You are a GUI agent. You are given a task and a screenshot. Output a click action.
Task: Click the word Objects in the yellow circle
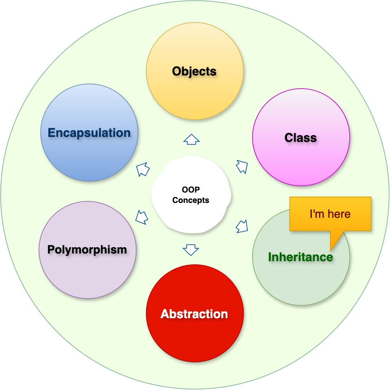point(194,71)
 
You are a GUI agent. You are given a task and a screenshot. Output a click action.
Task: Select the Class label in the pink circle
point(301,137)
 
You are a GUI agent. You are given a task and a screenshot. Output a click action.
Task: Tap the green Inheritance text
point(301,257)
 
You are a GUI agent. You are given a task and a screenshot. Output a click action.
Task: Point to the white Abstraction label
point(194,314)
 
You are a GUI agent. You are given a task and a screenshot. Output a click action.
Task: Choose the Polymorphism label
point(87,249)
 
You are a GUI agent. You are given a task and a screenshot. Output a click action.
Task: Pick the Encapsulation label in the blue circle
point(89,133)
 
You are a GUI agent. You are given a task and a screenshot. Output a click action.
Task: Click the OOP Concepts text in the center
point(191,195)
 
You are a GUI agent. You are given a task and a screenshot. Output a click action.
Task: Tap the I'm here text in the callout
point(330,214)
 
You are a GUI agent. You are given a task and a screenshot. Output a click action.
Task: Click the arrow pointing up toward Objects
point(192,139)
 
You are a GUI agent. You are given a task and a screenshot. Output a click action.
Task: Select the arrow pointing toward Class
point(242,167)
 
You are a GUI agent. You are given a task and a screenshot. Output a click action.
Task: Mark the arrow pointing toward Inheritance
point(242,226)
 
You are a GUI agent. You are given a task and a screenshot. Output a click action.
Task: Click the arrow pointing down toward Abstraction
point(191,249)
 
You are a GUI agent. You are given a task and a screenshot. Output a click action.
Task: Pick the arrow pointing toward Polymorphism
point(142,217)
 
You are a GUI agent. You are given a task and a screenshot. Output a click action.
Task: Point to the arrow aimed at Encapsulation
point(143,169)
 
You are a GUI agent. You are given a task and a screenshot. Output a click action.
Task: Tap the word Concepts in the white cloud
point(191,200)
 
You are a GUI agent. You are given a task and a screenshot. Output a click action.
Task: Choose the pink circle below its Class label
point(301,165)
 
